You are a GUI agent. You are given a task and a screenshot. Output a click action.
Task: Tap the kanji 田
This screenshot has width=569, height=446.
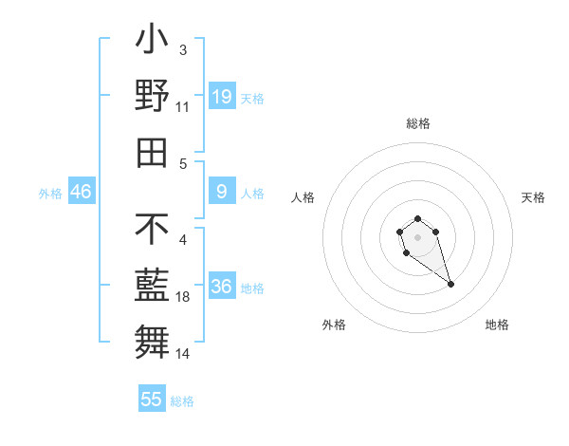(152, 151)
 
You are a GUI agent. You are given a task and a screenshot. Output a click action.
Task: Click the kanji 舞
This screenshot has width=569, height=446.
(152, 341)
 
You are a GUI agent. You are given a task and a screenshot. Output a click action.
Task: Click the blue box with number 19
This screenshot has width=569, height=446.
(221, 96)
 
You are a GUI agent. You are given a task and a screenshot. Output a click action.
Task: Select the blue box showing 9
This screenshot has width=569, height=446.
(221, 193)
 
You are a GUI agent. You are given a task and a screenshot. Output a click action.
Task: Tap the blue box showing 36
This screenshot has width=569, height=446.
(221, 287)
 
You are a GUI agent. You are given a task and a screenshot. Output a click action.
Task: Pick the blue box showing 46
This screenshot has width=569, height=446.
(82, 192)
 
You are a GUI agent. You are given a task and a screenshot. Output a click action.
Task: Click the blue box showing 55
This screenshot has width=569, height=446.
(152, 400)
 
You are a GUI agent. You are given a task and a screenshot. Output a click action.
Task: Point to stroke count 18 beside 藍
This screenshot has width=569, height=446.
(183, 297)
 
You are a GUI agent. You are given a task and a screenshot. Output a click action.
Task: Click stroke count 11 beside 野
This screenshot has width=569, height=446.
(183, 106)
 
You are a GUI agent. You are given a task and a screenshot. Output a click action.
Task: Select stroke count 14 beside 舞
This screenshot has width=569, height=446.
(183, 354)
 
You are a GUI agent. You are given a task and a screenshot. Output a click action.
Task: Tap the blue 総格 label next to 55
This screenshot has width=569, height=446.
(182, 401)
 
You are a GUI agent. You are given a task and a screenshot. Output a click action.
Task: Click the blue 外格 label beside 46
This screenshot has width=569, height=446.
(50, 194)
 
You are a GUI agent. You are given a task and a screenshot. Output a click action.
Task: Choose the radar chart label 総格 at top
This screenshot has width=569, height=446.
(417, 124)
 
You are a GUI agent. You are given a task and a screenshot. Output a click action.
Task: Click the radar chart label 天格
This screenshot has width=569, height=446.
(533, 197)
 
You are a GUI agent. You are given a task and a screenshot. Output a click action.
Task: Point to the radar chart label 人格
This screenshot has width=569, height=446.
(303, 197)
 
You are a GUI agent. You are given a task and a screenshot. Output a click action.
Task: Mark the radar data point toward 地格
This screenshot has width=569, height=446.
(450, 284)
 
